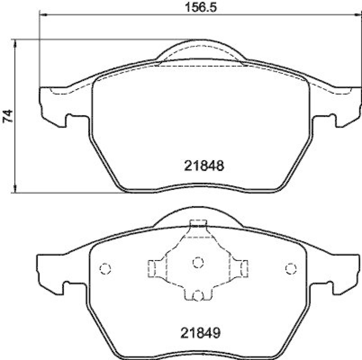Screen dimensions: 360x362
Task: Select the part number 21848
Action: coord(204,166)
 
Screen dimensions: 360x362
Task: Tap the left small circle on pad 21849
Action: coord(105,269)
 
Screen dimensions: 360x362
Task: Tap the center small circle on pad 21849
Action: coord(198,262)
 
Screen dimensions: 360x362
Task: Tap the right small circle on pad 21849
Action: coord(291,269)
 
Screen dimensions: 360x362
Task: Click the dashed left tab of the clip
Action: coord(152,268)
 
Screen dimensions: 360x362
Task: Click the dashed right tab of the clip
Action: coord(243,268)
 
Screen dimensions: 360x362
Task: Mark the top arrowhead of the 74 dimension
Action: coord(16,42)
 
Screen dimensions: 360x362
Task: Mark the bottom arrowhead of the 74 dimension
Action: coord(16,189)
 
